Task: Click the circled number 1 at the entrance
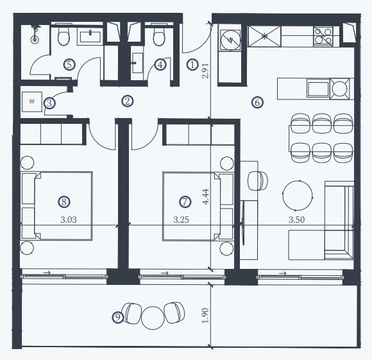click(192, 65)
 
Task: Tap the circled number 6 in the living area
click(257, 103)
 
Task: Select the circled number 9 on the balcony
click(117, 317)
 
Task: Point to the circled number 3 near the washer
click(49, 103)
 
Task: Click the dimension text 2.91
click(205, 71)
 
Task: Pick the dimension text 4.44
click(205, 196)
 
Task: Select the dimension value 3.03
click(69, 219)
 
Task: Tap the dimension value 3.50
click(296, 219)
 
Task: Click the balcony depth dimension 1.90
click(205, 315)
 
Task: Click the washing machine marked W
click(32, 101)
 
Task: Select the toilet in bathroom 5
click(63, 35)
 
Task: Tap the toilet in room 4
click(158, 35)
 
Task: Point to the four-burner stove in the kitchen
click(323, 36)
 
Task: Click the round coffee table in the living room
click(297, 196)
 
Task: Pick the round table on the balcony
click(153, 318)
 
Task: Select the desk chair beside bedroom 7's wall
click(258, 180)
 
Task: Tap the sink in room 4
click(137, 63)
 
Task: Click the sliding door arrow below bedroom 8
click(47, 273)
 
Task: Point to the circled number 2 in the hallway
click(128, 101)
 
